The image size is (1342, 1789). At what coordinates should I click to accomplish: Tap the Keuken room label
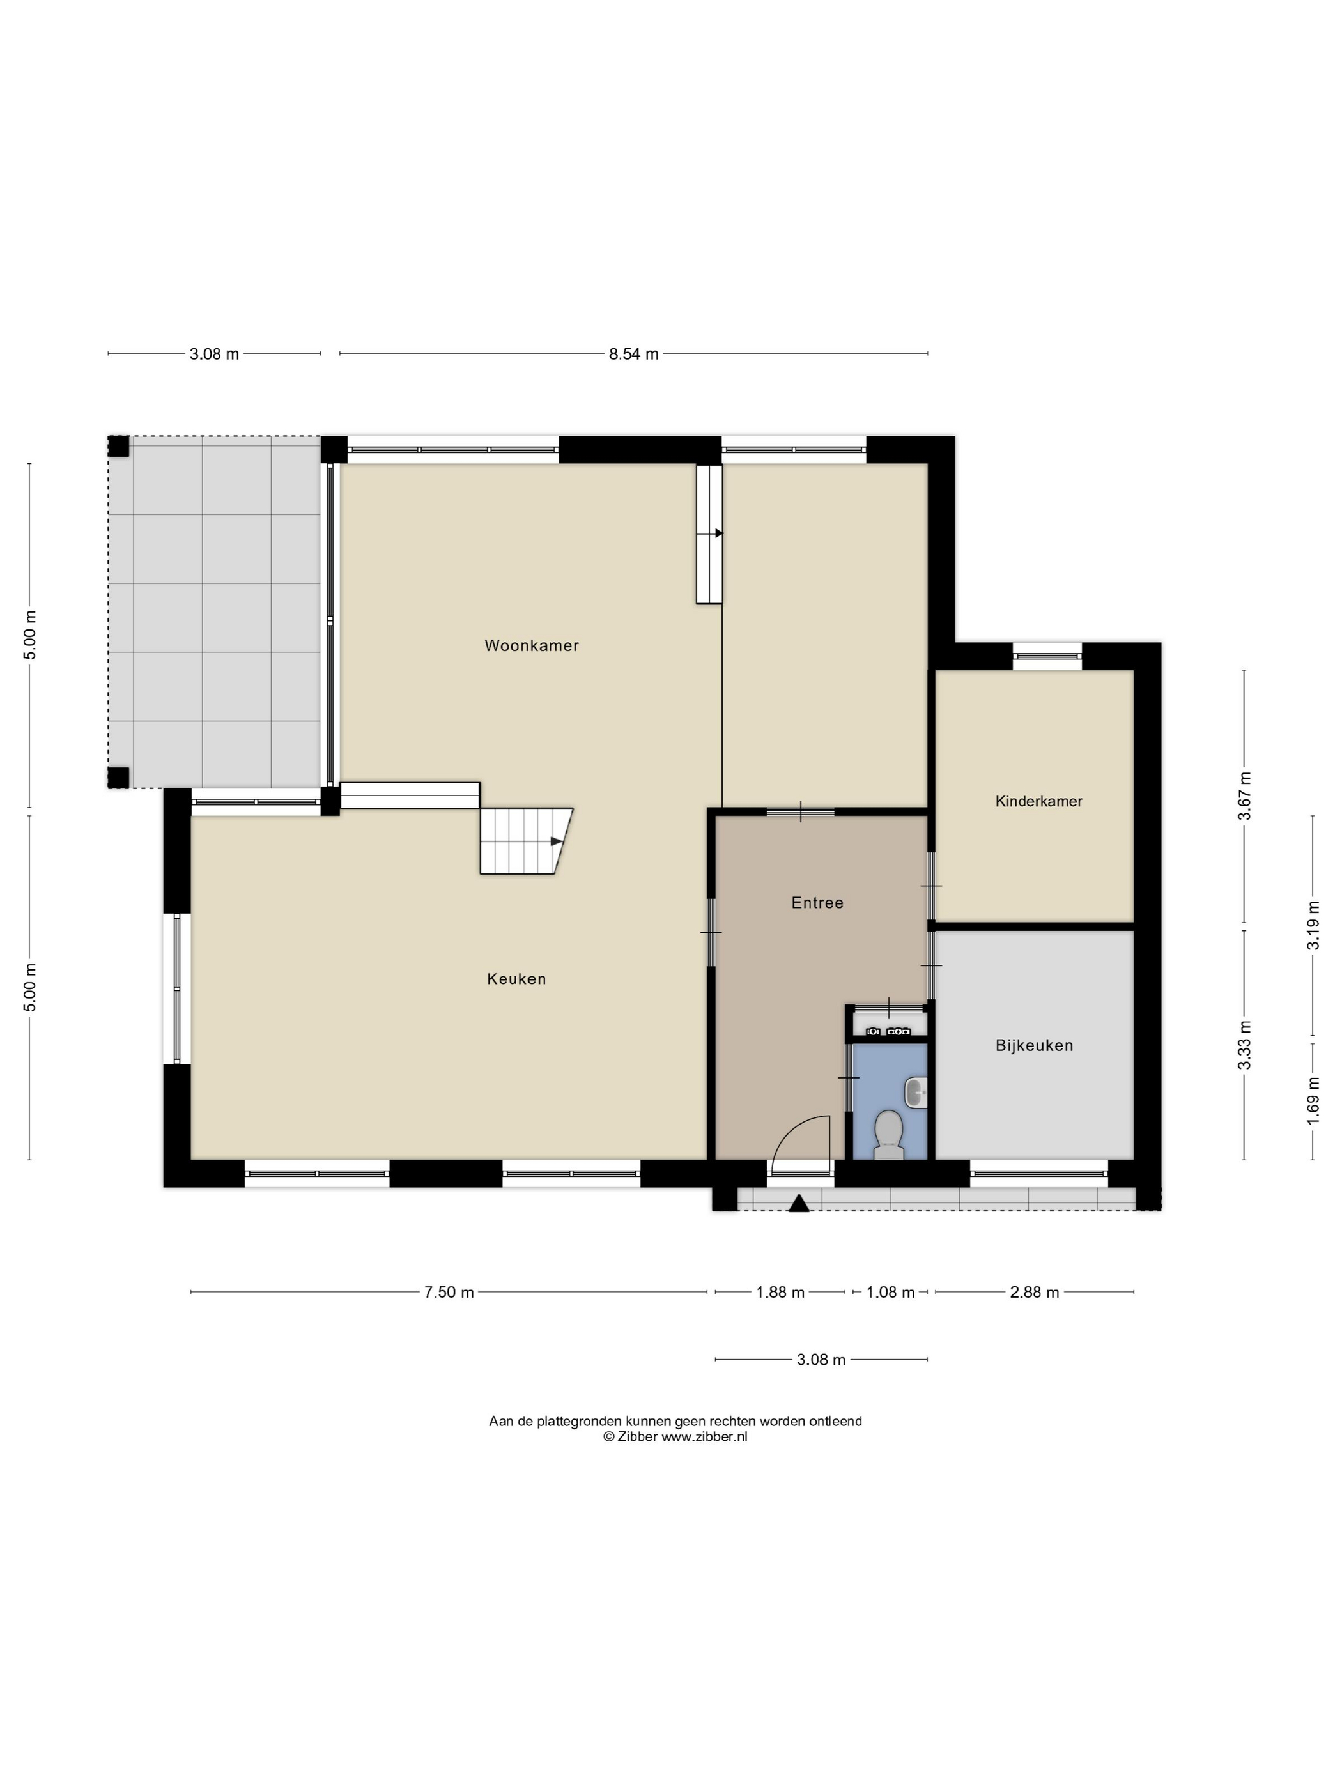point(516,979)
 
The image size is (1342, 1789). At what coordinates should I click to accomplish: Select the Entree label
point(817,903)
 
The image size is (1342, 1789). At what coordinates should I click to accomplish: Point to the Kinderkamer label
point(1038,801)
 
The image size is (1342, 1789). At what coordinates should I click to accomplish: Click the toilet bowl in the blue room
point(889,1131)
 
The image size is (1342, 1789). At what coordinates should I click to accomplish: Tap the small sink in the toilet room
point(916,1092)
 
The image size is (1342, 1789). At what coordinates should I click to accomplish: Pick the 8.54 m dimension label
point(633,354)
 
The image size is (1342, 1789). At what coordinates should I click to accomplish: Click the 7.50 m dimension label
point(449,1293)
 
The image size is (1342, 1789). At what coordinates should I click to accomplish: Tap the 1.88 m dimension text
point(780,1293)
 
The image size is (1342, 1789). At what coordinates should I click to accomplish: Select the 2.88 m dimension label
point(1034,1293)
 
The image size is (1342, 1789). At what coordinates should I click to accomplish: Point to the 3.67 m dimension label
point(1244,797)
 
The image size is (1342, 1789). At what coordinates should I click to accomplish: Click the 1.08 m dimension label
point(890,1293)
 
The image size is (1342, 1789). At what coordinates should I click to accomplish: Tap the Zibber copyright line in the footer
point(675,1437)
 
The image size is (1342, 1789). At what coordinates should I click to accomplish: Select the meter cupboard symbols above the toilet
point(888,1031)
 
